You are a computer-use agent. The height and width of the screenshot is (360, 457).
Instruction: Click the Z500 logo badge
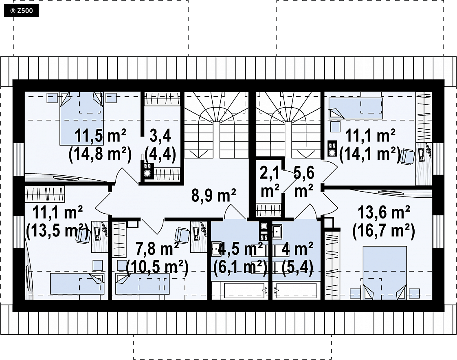21,11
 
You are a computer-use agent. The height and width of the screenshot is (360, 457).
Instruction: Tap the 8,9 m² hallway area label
214,195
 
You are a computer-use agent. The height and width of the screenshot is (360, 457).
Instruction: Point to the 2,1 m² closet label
270,181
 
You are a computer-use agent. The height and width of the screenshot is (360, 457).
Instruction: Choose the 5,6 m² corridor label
304,181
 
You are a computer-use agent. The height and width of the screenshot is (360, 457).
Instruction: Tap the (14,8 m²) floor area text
100,154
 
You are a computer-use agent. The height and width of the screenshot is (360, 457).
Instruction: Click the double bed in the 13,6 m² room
384,273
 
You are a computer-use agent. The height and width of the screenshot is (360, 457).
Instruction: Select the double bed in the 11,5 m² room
81,118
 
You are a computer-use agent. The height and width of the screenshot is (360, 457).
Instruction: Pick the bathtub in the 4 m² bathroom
297,290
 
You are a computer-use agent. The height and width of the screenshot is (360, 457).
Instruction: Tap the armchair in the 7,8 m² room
182,235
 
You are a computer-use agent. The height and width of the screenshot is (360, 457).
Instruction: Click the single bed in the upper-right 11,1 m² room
356,108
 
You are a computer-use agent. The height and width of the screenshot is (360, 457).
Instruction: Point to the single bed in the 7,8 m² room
142,284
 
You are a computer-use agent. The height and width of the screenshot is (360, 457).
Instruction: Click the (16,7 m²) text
384,231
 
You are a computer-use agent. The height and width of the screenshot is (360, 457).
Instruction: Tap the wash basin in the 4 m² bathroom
277,231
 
